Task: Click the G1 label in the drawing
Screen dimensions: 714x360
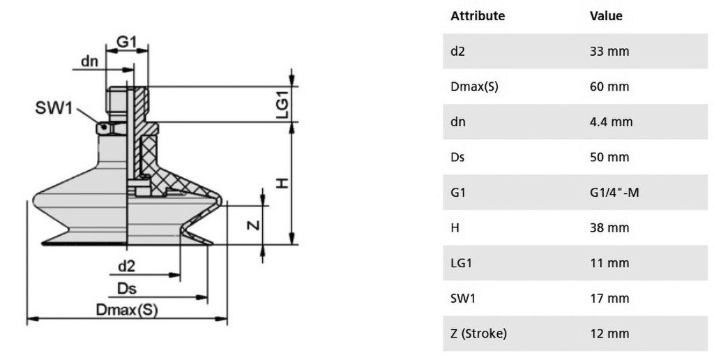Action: tap(127, 42)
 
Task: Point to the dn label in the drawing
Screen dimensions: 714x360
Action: tap(89, 61)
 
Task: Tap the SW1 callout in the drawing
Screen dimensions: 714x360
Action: tap(54, 108)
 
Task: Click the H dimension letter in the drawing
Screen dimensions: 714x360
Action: tap(283, 183)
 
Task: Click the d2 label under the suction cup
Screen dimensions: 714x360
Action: tap(127, 266)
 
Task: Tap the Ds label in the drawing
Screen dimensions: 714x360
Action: tap(127, 288)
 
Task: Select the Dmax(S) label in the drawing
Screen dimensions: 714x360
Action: tap(127, 310)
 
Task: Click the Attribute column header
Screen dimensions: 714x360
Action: tap(478, 16)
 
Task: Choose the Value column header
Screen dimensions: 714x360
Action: tap(606, 16)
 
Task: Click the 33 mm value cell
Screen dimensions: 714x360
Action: tap(609, 51)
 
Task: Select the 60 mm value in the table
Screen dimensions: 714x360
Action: tap(609, 87)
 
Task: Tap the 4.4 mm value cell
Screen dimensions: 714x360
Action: tap(611, 121)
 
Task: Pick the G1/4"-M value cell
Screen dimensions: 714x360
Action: tap(614, 193)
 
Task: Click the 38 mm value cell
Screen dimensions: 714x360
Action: tap(609, 227)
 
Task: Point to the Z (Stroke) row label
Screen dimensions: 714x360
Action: tap(478, 333)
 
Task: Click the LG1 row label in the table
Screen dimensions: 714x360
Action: tap(462, 263)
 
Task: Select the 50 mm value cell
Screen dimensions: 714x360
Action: tap(609, 157)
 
